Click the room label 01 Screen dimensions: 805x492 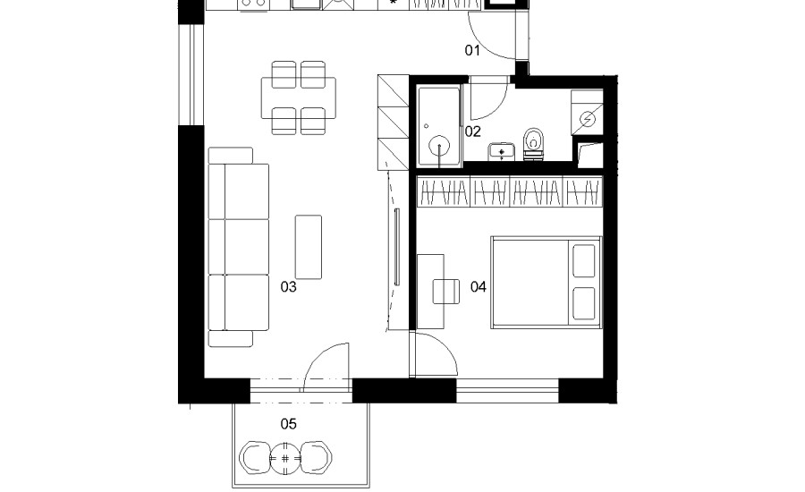point(472,50)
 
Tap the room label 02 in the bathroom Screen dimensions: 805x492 point(473,132)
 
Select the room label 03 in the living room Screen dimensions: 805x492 point(289,286)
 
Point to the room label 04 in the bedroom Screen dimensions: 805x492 point(478,286)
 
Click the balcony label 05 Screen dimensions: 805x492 point(289,424)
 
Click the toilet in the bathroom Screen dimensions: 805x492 point(534,144)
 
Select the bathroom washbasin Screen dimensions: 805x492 point(501,151)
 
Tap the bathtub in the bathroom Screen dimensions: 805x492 point(439,126)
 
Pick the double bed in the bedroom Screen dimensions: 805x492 point(547,282)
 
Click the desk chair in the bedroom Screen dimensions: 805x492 point(446,292)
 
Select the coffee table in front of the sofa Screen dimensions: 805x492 point(309,247)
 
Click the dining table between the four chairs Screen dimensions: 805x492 point(298,98)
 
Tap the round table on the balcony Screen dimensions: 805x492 point(285,457)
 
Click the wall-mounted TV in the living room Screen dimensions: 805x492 point(397,247)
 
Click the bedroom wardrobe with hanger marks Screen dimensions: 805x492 point(509,191)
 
